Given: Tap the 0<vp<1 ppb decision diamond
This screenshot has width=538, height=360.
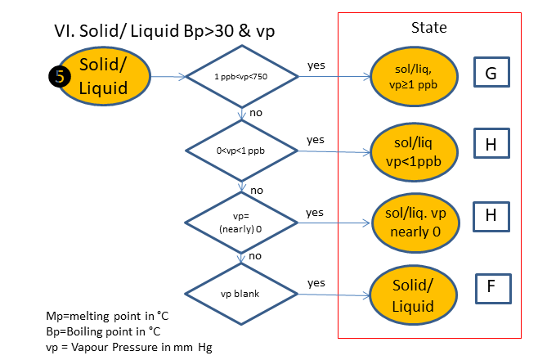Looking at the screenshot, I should click(x=241, y=151).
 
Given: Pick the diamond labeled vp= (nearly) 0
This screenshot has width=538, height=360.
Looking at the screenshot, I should click(x=241, y=221).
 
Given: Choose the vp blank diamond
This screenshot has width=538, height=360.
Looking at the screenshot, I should click(x=241, y=292).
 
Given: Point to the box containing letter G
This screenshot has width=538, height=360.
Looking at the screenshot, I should click(x=491, y=74).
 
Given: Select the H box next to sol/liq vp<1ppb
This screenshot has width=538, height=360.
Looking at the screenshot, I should click(x=491, y=145).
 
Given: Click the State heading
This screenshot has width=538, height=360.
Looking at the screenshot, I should click(x=428, y=27).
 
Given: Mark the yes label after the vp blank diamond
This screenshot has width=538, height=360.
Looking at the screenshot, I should click(x=316, y=282).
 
